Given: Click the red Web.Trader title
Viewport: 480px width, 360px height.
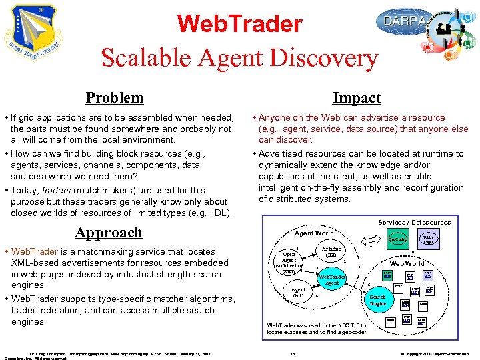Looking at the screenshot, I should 240,25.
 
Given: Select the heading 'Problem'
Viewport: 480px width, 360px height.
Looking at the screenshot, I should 115,98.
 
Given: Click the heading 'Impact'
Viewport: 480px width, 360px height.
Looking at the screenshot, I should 357,98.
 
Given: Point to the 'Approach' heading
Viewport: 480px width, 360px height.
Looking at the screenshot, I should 109,232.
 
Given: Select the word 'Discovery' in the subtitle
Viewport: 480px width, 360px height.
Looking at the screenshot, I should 328,59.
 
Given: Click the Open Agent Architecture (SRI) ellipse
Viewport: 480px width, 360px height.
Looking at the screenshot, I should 289,263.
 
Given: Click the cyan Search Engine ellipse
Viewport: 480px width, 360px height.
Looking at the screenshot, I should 378,300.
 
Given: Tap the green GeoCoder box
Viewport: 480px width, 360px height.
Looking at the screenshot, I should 398,238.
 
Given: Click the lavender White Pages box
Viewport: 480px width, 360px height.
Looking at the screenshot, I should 429,238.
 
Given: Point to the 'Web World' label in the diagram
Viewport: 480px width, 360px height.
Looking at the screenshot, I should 407,264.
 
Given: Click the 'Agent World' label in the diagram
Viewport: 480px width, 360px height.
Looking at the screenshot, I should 314,233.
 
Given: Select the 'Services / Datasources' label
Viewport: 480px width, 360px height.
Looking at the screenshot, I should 415,222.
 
